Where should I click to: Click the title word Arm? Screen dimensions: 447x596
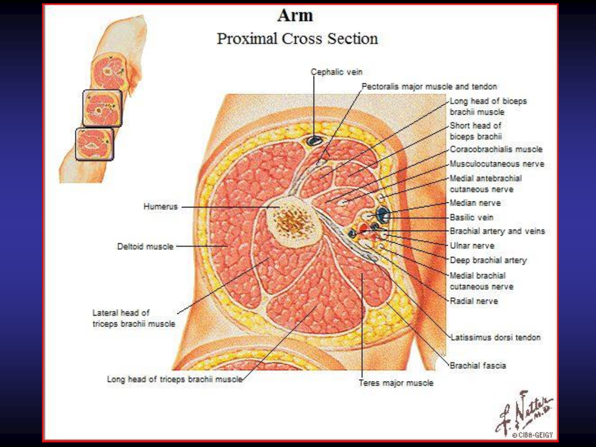click(x=295, y=16)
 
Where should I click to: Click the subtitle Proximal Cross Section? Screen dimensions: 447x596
click(x=297, y=38)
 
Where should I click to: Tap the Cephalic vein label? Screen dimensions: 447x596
click(x=336, y=72)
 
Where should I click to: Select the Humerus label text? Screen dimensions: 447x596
click(x=161, y=207)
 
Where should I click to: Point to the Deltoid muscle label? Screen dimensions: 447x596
click(x=145, y=247)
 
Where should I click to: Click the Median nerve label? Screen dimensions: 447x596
click(x=475, y=203)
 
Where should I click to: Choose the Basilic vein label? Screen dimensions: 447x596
click(x=471, y=217)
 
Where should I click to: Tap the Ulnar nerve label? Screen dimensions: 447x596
click(x=472, y=246)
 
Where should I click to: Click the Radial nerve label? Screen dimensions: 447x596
click(x=474, y=301)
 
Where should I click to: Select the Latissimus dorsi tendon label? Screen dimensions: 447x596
click(x=495, y=338)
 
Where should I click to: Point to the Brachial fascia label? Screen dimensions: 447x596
click(x=478, y=366)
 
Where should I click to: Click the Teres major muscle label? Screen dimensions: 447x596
click(x=396, y=383)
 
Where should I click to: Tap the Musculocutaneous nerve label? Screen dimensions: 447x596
click(x=497, y=164)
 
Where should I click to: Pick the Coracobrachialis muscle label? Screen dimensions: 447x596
click(x=496, y=149)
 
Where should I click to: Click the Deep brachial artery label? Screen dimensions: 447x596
click(x=488, y=260)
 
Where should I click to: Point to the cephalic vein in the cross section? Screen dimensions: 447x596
click(x=314, y=141)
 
